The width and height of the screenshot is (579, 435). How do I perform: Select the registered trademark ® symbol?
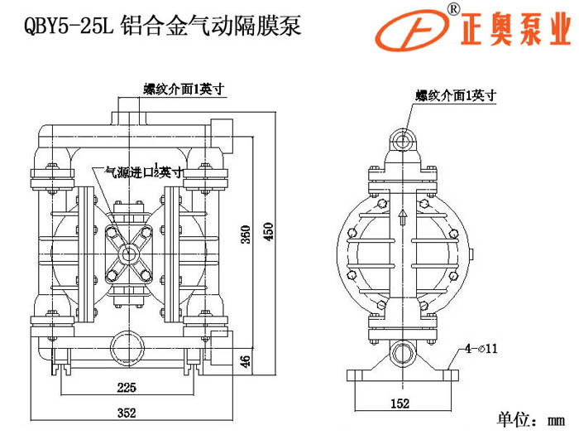coord(453,9)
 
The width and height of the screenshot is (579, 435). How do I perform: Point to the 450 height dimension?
coord(267,231)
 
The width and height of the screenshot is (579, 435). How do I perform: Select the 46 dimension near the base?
coord(243,361)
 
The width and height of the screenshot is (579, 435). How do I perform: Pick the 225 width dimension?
coord(127,387)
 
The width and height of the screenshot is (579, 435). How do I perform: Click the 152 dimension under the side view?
coord(400,404)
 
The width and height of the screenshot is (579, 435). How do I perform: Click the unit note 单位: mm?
coord(530,416)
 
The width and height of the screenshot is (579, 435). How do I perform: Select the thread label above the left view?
coord(183,89)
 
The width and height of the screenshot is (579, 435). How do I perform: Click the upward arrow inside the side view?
coord(403,218)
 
